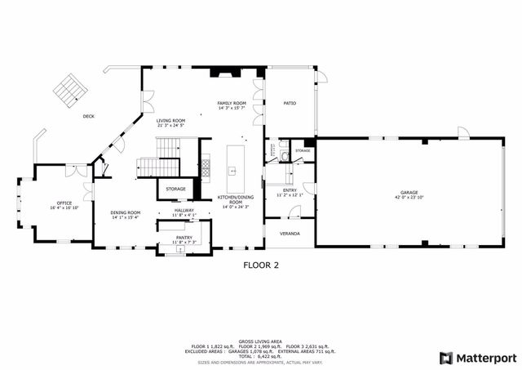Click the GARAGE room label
point(409,193)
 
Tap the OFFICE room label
point(64,203)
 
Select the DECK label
point(88,116)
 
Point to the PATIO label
point(290,104)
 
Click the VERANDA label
point(290,234)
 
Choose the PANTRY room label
point(184,238)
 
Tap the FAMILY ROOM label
point(232,104)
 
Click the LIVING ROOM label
point(171,121)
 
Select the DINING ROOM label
point(126,213)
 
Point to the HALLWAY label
point(184,211)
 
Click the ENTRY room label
point(290,190)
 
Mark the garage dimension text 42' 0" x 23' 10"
point(409,198)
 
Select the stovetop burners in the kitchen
point(206,167)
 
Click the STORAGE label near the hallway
point(175,189)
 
